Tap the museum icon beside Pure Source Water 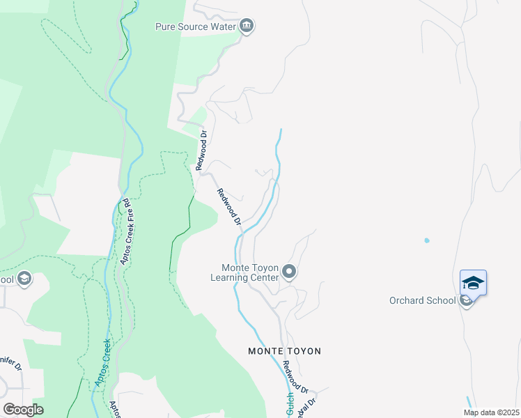point(247,27)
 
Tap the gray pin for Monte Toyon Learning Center point(290,272)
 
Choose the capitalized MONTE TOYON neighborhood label point(284,351)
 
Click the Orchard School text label point(422,301)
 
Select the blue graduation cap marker point(473,283)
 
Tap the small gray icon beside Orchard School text point(465,301)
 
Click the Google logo point(23,409)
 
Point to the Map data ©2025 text point(491,412)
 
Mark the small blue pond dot point(426,240)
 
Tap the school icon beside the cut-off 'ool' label point(24,279)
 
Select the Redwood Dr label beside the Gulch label point(297,377)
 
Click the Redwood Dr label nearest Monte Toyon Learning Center point(228,208)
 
